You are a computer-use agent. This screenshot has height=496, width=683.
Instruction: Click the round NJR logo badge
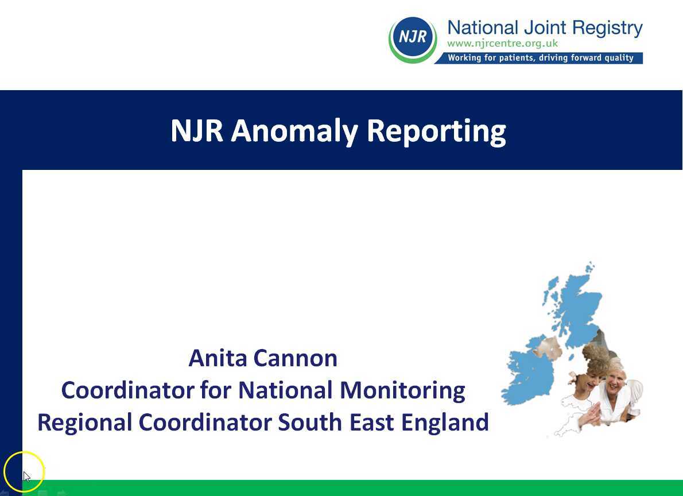[413, 38]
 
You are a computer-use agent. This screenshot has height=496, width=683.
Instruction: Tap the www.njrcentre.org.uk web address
[502, 44]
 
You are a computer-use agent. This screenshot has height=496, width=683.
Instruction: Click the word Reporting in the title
[436, 131]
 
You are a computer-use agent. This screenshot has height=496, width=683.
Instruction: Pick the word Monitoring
[402, 390]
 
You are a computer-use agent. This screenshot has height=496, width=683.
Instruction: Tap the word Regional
[84, 423]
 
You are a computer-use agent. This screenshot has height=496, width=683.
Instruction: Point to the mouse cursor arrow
[26, 476]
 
